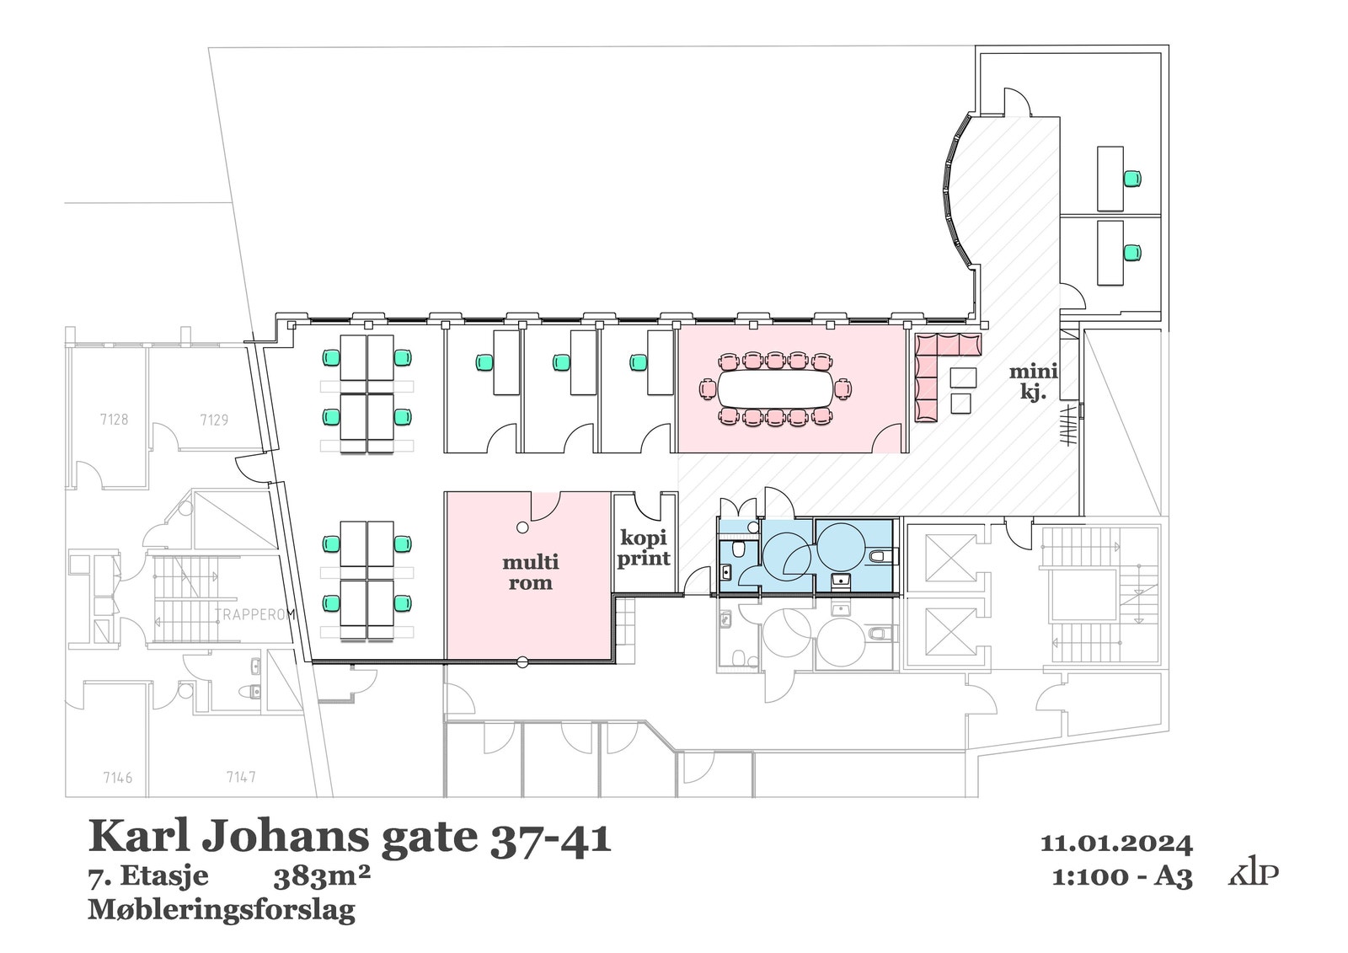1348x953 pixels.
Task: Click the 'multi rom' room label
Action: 531,572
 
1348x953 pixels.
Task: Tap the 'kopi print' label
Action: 645,548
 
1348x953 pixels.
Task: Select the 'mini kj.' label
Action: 1033,381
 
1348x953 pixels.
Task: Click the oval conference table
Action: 774,390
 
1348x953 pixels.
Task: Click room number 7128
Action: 114,419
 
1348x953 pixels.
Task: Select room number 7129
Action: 214,419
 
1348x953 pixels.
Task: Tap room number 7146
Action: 117,777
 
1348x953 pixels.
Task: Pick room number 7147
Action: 241,777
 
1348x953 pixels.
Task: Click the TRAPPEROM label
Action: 254,615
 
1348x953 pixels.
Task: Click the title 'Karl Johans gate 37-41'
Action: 350,838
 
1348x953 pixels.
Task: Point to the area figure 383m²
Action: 322,878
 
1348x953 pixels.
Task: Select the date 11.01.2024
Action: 1116,843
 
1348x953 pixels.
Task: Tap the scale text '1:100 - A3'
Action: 1122,877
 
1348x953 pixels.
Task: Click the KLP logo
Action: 1253,874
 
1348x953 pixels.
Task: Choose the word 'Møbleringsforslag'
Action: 222,910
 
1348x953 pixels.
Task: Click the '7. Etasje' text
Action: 148,877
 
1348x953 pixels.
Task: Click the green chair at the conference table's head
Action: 842,390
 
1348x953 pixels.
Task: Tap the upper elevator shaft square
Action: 949,557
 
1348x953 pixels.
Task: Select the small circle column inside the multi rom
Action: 522,527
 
